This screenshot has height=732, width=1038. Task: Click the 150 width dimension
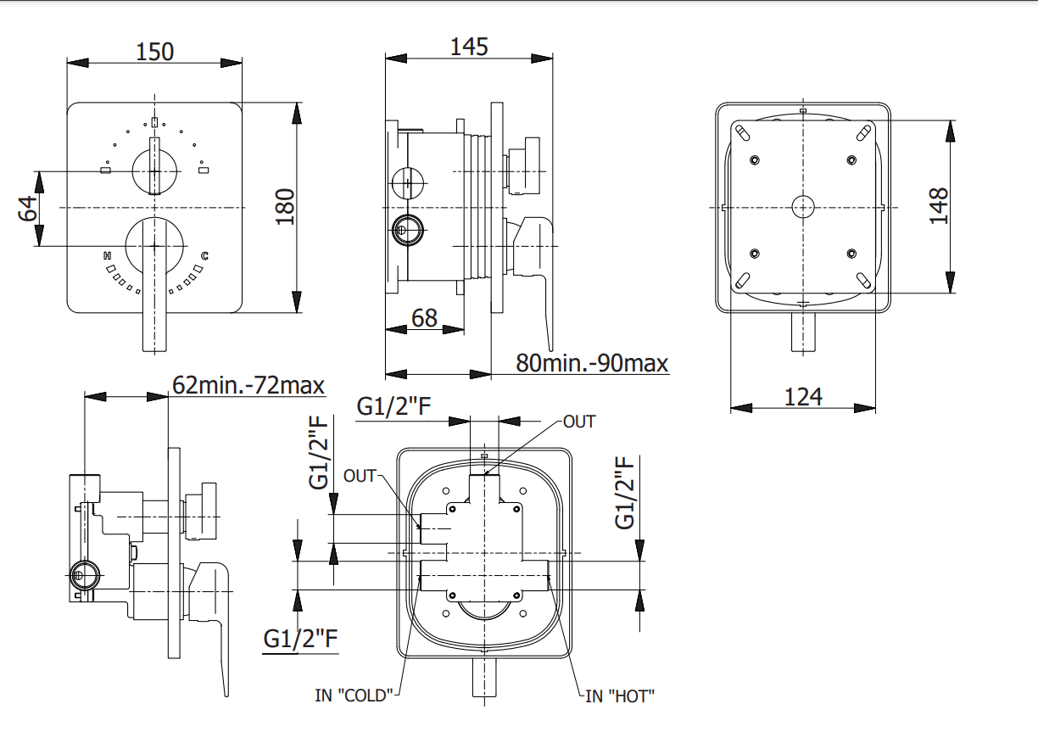point(155,51)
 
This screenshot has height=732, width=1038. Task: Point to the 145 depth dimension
point(469,46)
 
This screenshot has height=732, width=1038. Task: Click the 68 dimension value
point(424,317)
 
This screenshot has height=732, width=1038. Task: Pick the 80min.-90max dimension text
point(592,363)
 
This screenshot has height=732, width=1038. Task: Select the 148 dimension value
point(938,205)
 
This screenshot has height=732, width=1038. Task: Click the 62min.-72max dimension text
point(248,385)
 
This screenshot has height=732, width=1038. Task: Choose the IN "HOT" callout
point(620,696)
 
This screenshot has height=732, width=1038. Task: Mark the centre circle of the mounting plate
point(802,206)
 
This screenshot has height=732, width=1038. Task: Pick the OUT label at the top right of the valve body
point(579,422)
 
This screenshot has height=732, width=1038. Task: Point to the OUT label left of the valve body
point(360,476)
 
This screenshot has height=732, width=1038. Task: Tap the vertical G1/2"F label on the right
point(626,492)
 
